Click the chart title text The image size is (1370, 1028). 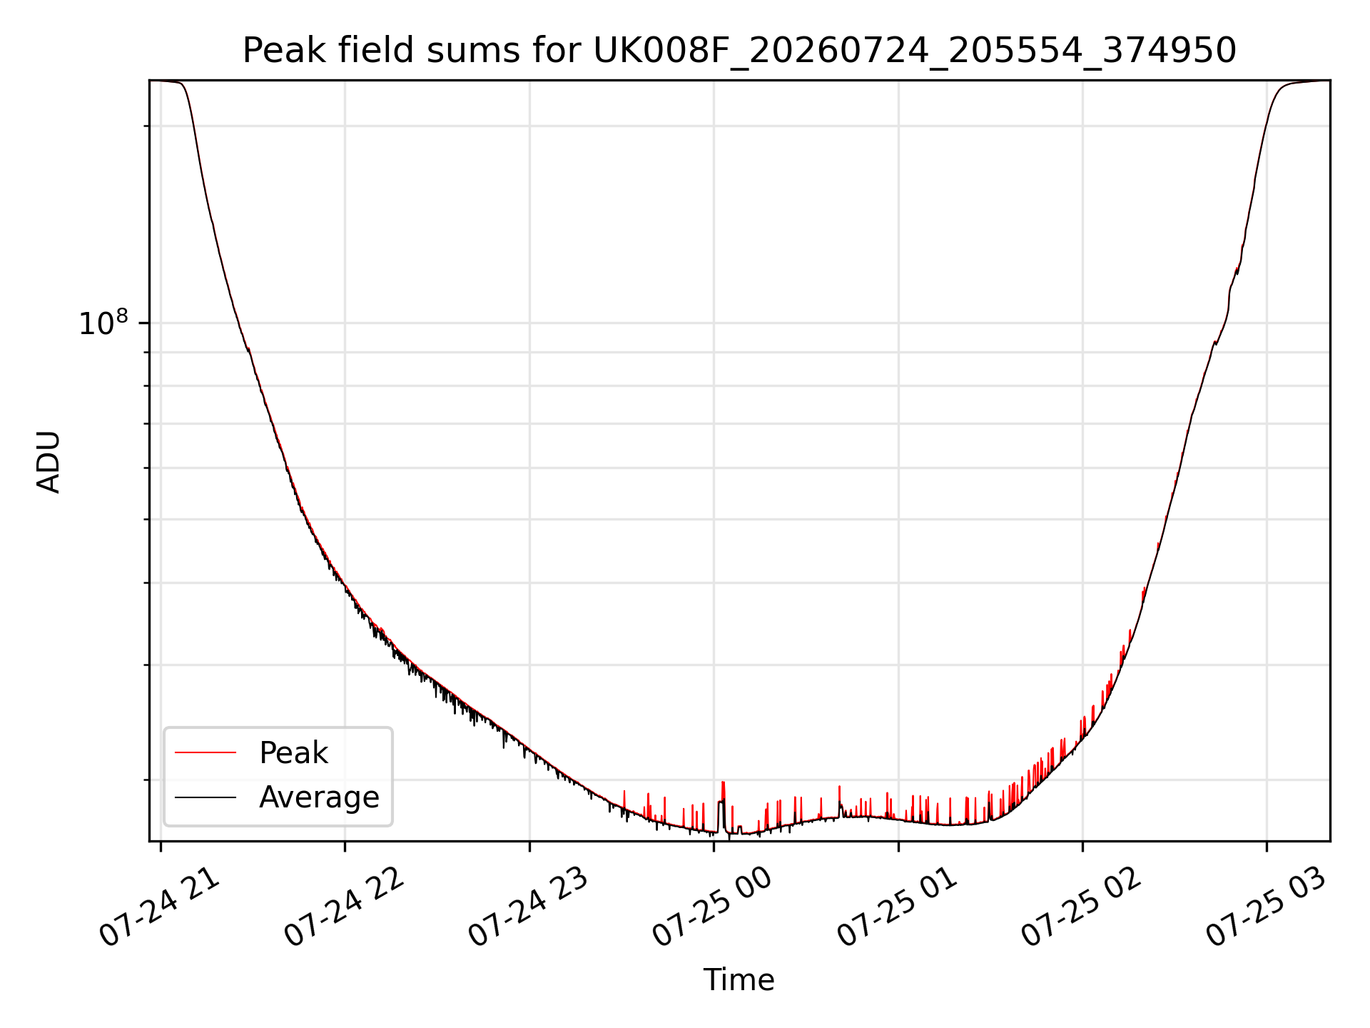739,51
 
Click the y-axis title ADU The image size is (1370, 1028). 49,461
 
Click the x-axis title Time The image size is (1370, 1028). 739,980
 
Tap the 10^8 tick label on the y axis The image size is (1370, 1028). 103,323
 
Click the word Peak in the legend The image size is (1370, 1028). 293,753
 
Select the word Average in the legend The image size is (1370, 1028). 319,797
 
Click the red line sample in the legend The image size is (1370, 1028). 205,752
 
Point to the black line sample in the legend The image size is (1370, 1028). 205,797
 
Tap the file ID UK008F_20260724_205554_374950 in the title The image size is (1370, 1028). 915,51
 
